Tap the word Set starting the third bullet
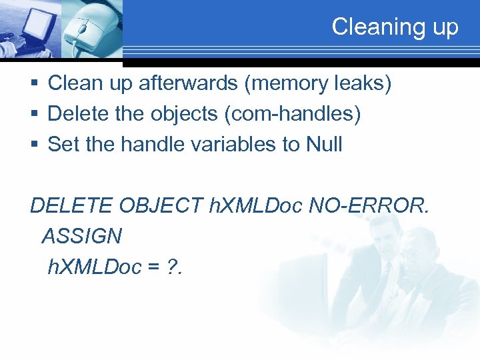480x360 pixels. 63,144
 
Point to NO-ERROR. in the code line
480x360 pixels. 370,206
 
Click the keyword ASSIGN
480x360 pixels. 81,236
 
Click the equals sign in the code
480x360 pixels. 154,267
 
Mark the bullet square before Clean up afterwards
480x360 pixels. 34,84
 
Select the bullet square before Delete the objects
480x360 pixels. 34,115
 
